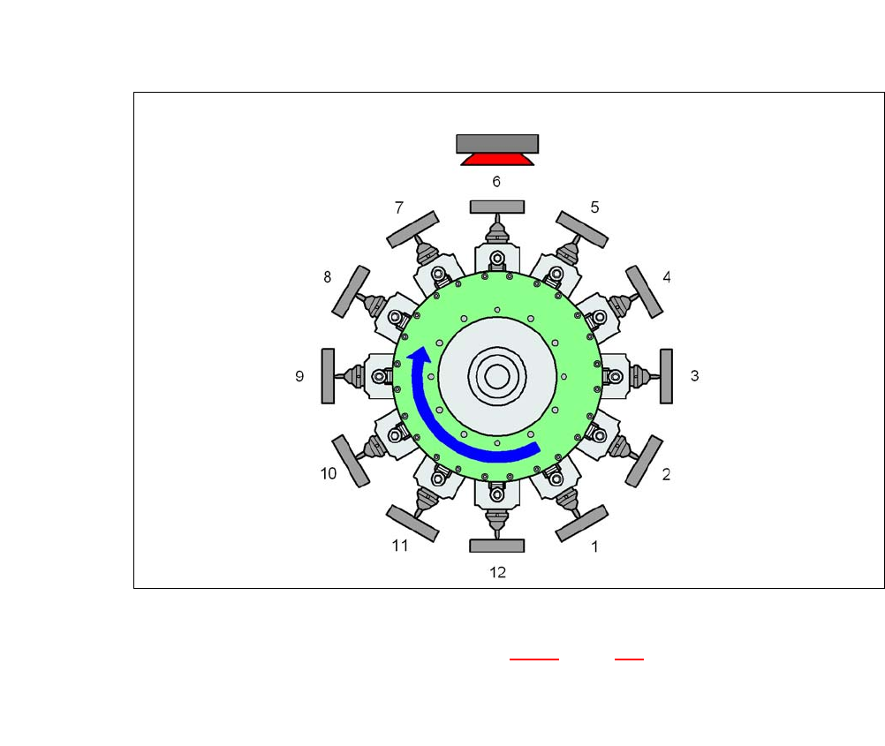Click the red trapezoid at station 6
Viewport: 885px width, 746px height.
click(497, 159)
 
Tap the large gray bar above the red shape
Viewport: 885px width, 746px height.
click(497, 143)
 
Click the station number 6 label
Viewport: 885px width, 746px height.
click(496, 182)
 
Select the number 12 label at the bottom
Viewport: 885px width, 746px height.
click(497, 572)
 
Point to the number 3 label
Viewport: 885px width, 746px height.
click(695, 376)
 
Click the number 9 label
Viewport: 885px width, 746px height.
click(299, 376)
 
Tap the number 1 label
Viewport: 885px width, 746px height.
click(594, 546)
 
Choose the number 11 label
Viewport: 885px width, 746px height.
click(400, 546)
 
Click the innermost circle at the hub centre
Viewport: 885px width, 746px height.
click(497, 377)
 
